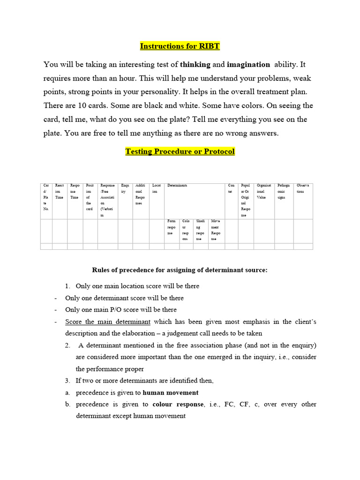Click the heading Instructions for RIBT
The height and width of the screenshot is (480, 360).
click(x=180, y=46)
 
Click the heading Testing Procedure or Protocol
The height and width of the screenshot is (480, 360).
click(x=180, y=151)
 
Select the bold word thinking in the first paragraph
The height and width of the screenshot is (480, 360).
click(x=195, y=64)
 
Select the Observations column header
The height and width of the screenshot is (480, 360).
click(x=304, y=188)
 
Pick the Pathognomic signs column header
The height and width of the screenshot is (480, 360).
click(x=284, y=191)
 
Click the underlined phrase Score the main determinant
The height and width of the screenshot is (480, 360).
click(x=108, y=322)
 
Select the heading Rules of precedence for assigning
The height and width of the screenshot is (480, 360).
click(x=180, y=270)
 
